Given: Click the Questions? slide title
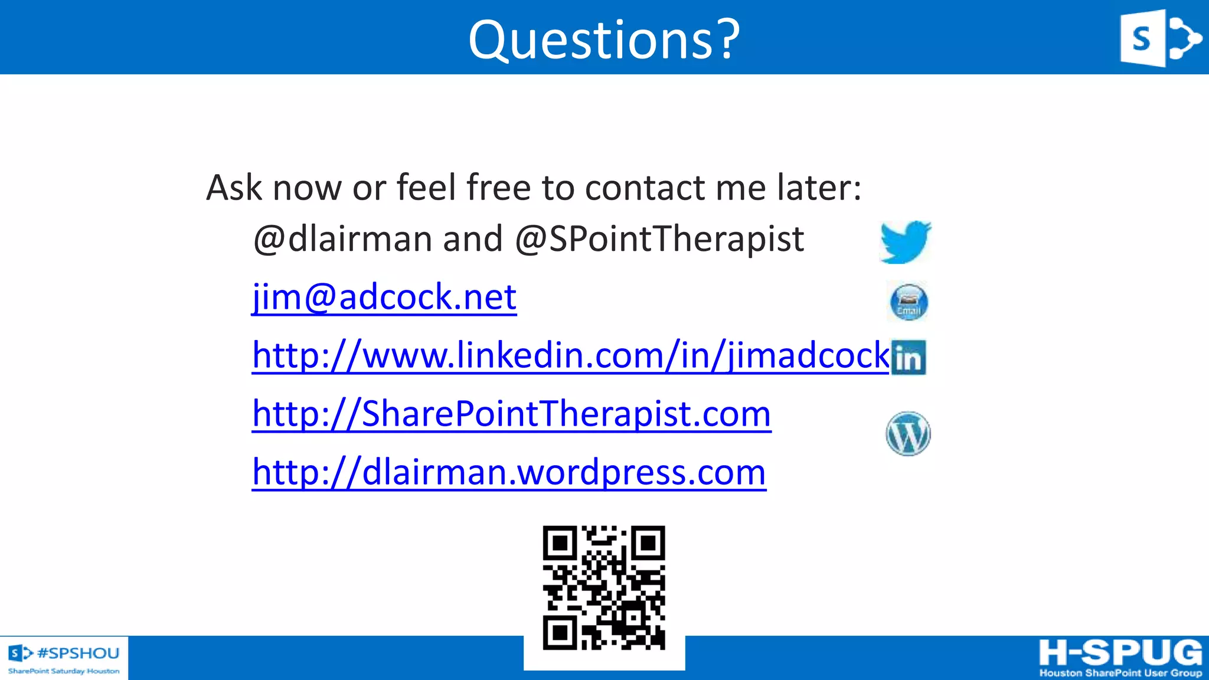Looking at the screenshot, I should point(604,40).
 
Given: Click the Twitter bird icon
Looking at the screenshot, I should point(906,241).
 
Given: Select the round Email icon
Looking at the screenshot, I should point(909,302).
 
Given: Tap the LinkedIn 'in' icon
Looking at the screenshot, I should point(909,357).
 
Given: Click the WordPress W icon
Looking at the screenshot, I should point(908,434).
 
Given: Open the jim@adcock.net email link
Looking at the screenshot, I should point(384,296).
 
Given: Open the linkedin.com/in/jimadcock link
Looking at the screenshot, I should point(570,355).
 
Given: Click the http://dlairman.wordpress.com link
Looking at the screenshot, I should point(509,472).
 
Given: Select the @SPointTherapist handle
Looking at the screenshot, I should point(659,239).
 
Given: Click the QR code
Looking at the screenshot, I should point(604,588).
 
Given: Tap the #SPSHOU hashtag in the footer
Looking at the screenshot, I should point(78,653).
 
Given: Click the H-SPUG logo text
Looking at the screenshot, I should point(1120,653).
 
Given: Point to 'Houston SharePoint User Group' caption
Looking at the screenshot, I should point(1120,673).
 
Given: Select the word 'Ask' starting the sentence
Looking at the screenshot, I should point(234,188).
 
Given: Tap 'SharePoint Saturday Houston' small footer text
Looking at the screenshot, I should point(64,671).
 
